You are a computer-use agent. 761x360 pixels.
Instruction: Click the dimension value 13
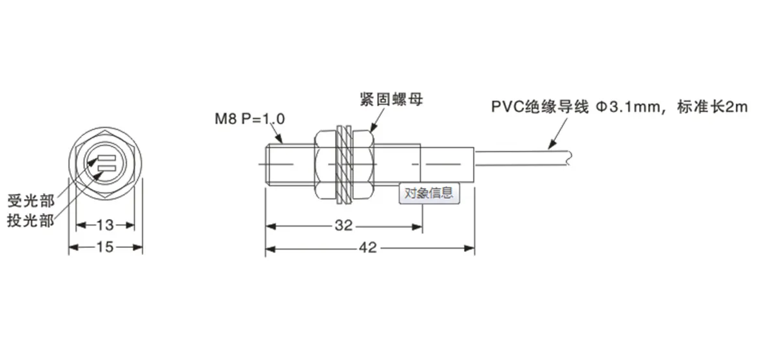point(105,225)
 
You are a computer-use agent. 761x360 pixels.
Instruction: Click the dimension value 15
point(105,247)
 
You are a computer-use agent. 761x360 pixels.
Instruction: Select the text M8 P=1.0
point(250,119)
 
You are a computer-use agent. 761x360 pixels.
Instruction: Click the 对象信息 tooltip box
point(429,193)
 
